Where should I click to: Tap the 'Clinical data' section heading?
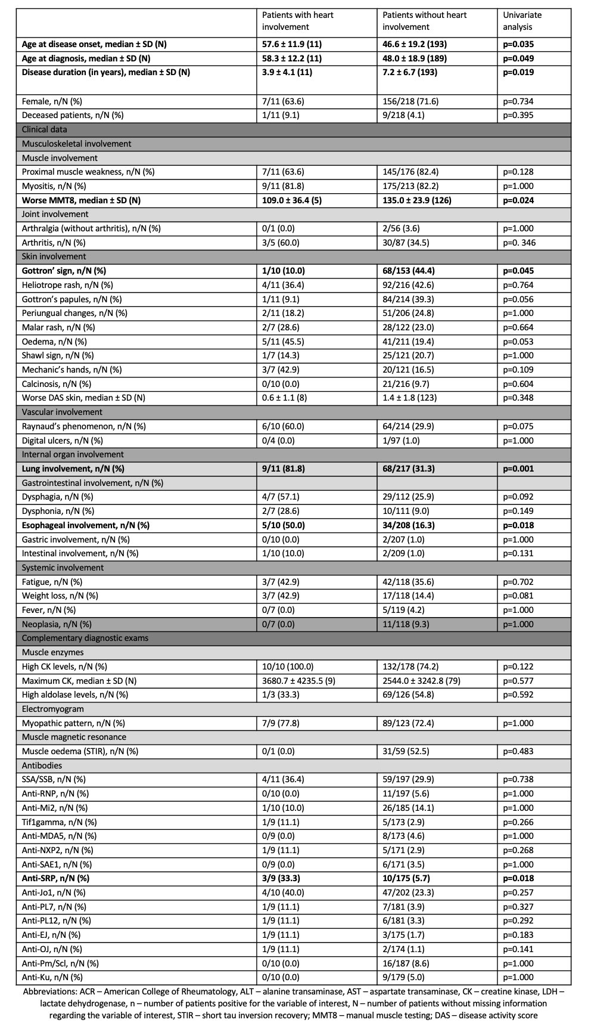click(x=45, y=129)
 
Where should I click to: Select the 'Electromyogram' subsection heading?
click(x=53, y=709)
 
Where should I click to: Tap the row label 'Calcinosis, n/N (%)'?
click(x=57, y=384)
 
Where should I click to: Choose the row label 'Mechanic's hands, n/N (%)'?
click(x=71, y=370)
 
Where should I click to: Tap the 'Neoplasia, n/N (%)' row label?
click(x=57, y=624)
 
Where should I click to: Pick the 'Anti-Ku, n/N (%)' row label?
click(x=52, y=977)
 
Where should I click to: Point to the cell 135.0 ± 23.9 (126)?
click(x=417, y=200)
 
